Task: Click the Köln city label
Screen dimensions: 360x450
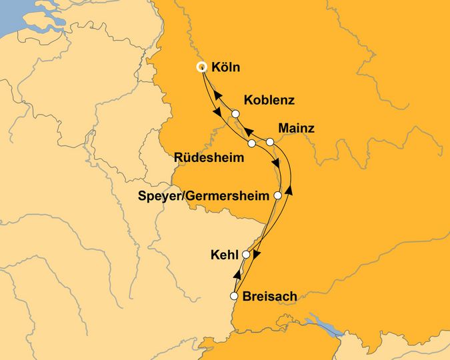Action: [225, 67]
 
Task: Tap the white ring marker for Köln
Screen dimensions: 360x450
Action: [201, 67]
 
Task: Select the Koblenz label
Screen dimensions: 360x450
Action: [269, 101]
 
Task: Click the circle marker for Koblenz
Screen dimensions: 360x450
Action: [235, 114]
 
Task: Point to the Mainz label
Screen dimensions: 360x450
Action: [296, 127]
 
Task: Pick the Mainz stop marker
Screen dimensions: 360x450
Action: [270, 142]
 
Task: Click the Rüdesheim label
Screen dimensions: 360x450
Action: [208, 158]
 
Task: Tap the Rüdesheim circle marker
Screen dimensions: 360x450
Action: [251, 143]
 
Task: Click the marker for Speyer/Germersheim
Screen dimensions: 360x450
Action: [277, 196]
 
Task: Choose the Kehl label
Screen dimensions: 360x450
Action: [223, 255]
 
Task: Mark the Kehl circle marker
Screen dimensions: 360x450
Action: [246, 255]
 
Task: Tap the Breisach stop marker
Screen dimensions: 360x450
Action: [234, 296]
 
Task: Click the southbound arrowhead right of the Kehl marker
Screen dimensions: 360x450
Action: [257, 255]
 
